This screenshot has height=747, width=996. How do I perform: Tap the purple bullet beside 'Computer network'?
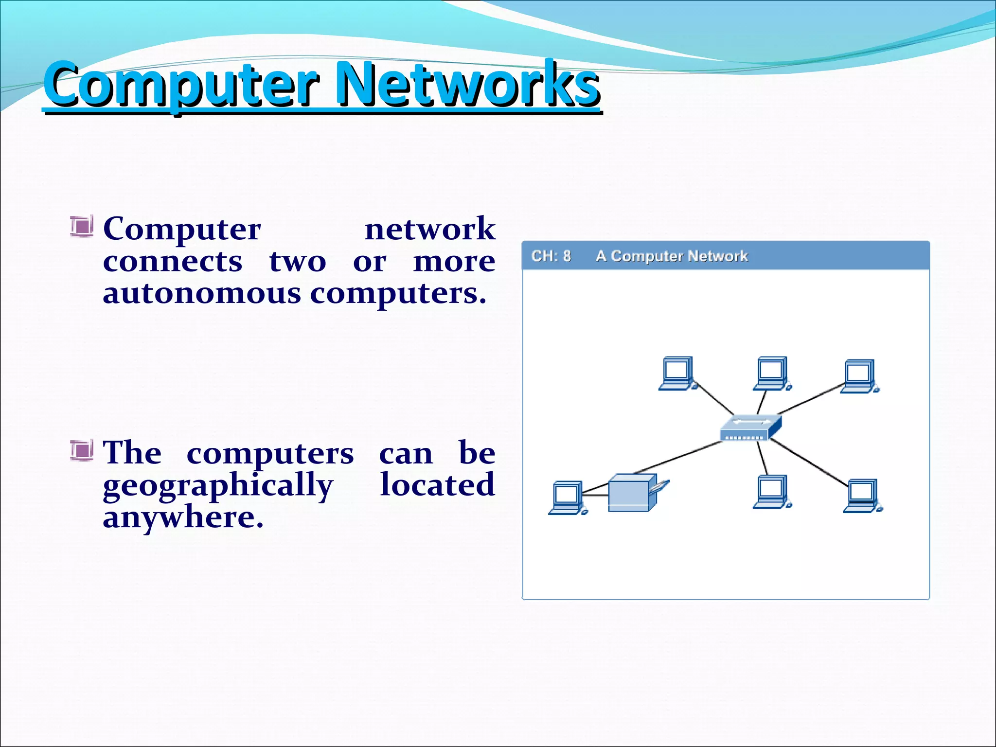point(81,227)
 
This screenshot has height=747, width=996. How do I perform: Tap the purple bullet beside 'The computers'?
point(81,450)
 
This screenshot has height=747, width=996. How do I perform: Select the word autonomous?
point(202,294)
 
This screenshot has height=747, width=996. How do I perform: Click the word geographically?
point(218,486)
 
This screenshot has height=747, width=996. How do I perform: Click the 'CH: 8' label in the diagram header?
point(551,256)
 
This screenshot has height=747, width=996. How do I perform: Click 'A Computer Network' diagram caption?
point(672,256)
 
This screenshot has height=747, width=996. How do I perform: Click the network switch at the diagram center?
point(750,427)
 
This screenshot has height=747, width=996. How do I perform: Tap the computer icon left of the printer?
point(567,498)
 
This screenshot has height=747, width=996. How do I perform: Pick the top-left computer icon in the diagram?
point(677,373)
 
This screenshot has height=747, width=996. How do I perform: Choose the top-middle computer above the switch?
point(772,373)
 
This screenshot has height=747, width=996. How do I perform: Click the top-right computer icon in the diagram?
point(859,376)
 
